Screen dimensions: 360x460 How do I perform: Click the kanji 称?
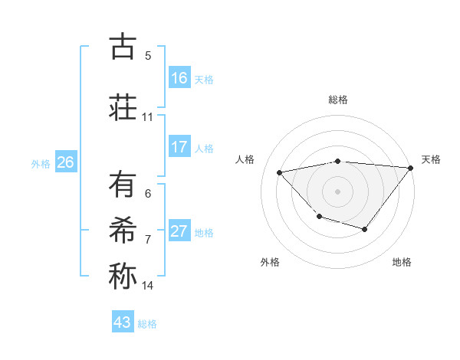pyautogui.click(x=123, y=276)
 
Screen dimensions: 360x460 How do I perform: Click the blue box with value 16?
pyautogui.click(x=179, y=78)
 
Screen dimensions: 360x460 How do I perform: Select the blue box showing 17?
pyautogui.click(x=179, y=147)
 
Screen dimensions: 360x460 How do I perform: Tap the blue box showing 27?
pyautogui.click(x=179, y=231)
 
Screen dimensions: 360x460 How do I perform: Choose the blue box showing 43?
pyautogui.click(x=123, y=322)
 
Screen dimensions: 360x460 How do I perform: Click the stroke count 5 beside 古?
pyautogui.click(x=148, y=56)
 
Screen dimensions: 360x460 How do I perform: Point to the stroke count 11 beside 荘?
pyautogui.click(x=148, y=117)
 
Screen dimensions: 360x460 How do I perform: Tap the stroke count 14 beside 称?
pyautogui.click(x=148, y=286)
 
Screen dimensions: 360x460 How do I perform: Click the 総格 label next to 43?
pyautogui.click(x=147, y=324)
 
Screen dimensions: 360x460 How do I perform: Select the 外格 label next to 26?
pyautogui.click(x=41, y=163)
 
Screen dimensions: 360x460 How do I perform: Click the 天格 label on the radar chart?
pyautogui.click(x=431, y=159)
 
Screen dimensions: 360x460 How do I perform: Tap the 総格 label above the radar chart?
pyautogui.click(x=338, y=100)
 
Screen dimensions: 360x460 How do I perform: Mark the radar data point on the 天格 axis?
pyautogui.click(x=411, y=168)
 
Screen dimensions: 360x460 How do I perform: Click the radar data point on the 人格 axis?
pyautogui.click(x=280, y=172)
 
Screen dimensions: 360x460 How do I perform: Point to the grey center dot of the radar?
pyautogui.click(x=338, y=191)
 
